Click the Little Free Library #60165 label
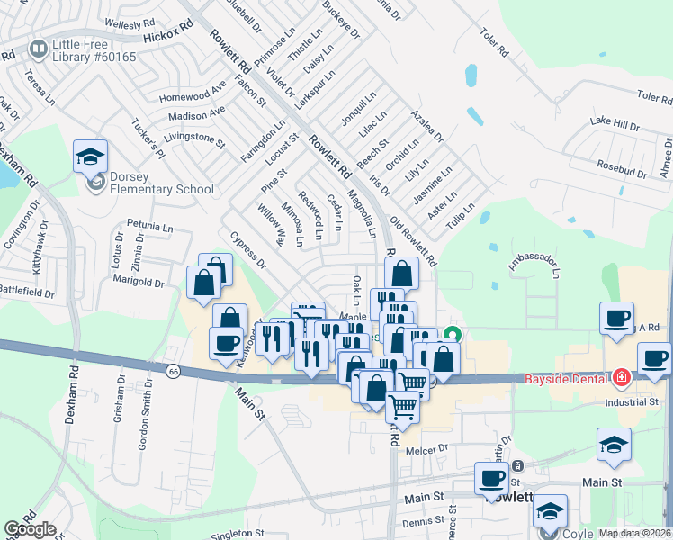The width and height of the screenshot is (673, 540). pos(94,51)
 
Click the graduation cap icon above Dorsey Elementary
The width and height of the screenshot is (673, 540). pos(90,157)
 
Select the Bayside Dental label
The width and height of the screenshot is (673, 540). pos(567,379)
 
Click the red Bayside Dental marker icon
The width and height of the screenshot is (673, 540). pos(620,378)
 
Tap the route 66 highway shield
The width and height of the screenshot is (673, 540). pos(173,370)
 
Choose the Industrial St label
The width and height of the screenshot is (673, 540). pos(633,401)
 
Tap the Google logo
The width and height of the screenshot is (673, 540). pos(30,529)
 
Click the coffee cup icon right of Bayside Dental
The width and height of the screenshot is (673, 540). pos(654,358)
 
